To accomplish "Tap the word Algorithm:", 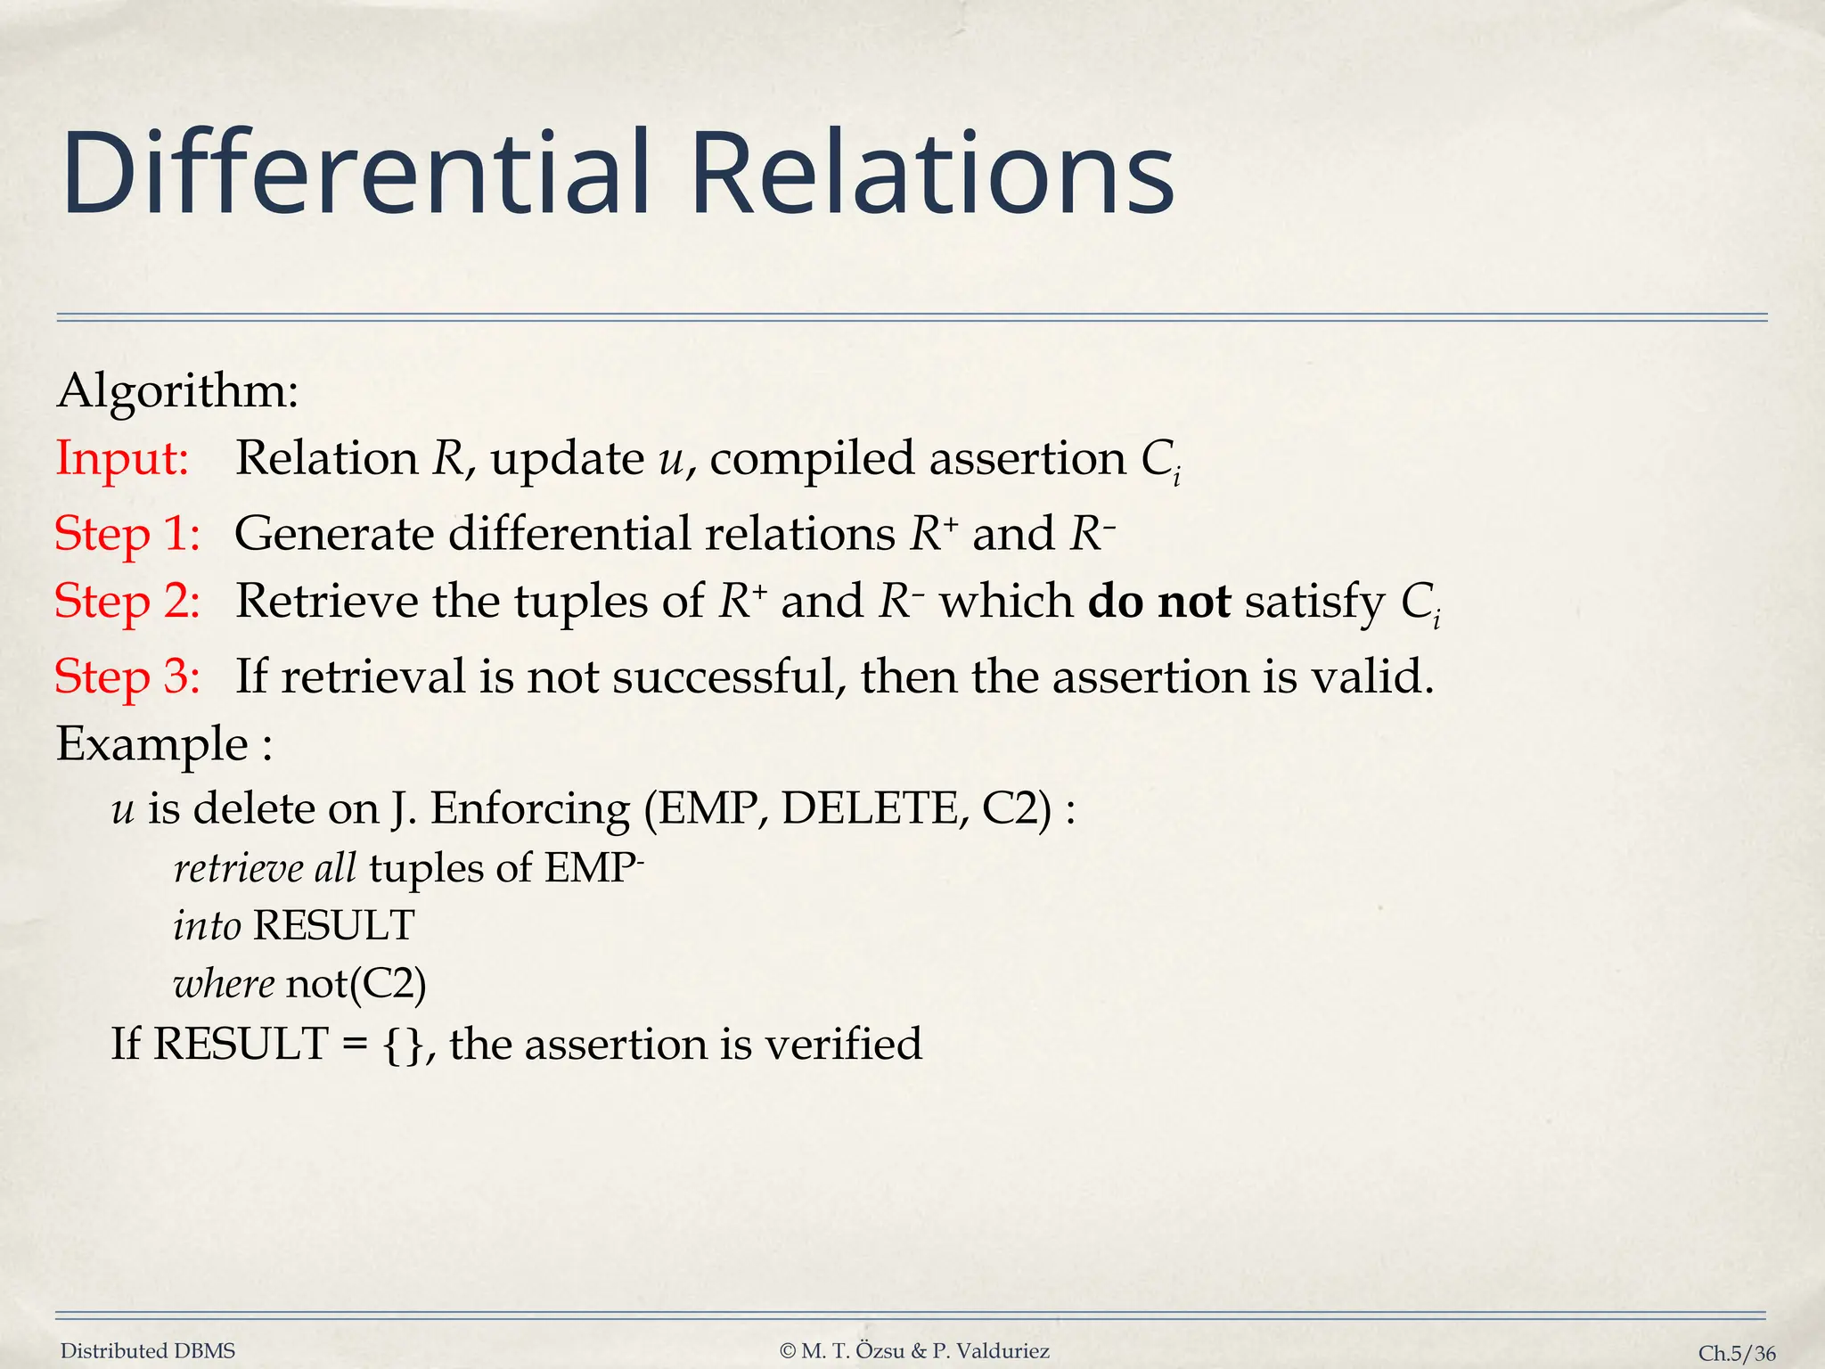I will tap(177, 392).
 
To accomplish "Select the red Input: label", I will tap(122, 459).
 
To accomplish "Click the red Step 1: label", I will tap(127, 535).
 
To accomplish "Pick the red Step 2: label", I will tap(127, 602).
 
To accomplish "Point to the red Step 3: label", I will tap(127, 677).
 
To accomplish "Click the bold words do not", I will tap(1158, 602).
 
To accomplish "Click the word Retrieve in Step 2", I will tap(327, 602).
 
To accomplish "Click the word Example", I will tap(151, 744).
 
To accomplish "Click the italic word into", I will tap(207, 926).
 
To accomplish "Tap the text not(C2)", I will tap(356, 984).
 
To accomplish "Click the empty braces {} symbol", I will tap(403, 1045).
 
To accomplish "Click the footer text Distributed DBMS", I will tap(148, 1351).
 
